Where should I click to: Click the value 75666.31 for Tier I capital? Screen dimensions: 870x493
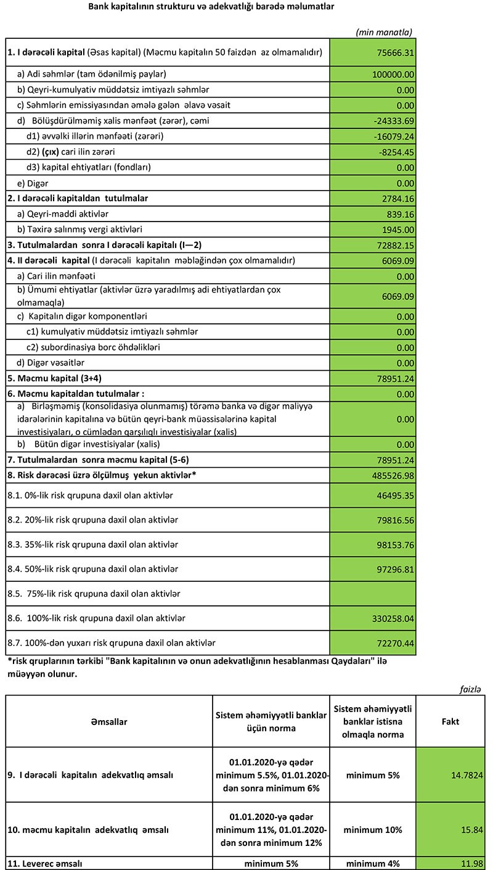coord(394,53)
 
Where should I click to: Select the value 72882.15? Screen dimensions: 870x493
coord(394,246)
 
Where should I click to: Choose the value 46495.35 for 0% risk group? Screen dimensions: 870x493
coord(394,496)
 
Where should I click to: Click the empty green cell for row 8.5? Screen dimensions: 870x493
coord(372,594)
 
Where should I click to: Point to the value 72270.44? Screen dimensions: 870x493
coord(394,644)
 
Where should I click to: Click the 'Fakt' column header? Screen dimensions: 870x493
coord(450,721)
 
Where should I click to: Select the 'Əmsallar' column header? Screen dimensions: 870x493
coord(109,721)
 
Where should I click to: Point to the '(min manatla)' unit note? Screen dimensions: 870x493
coord(384,31)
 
